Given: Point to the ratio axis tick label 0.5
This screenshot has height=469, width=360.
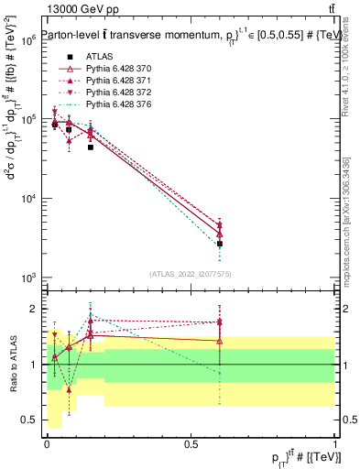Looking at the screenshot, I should click(x=30, y=420).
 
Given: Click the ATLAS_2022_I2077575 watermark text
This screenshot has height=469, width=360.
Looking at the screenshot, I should click(x=191, y=273).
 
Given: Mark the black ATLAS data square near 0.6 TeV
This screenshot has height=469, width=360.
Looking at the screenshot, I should click(x=220, y=244).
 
